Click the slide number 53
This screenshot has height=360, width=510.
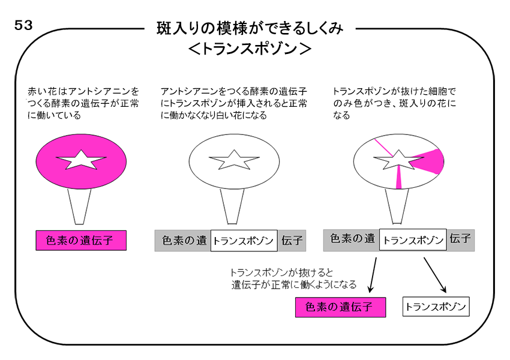[23, 25]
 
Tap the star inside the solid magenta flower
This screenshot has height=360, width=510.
[81, 160]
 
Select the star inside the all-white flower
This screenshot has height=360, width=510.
[234, 160]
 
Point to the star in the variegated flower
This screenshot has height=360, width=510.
[398, 160]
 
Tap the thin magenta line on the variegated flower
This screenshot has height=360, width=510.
[383, 148]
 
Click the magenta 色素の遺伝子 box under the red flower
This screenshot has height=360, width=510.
[81, 241]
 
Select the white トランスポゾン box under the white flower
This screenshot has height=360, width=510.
[244, 241]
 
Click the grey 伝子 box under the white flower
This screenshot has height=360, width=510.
[292, 241]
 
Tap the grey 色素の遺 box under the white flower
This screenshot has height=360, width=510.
[183, 241]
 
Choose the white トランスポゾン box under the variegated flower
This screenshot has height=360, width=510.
[413, 239]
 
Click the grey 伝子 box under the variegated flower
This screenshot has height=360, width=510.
[461, 240]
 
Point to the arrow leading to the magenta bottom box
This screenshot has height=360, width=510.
[373, 275]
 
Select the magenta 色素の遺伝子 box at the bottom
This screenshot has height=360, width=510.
[341, 307]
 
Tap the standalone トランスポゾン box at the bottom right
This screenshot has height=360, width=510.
[436, 307]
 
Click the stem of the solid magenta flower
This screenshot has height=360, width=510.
[79, 206]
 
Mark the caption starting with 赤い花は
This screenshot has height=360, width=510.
[83, 103]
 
